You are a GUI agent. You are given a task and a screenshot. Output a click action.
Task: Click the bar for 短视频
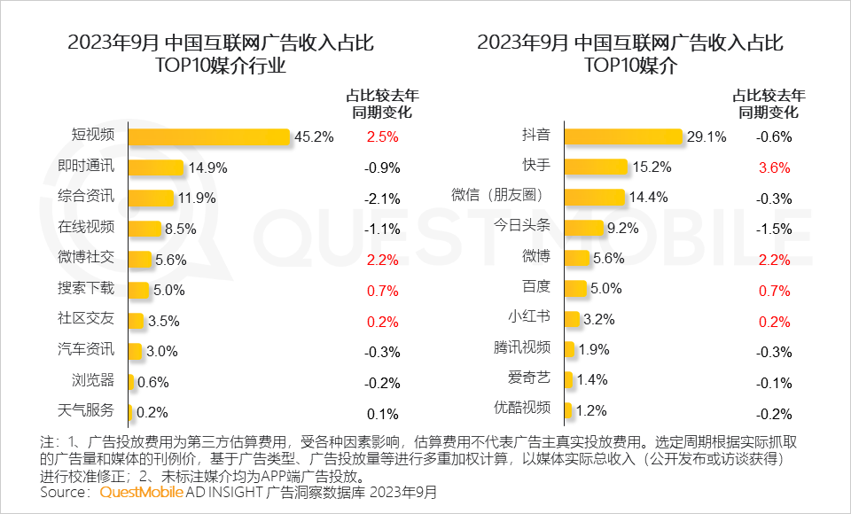(209, 136)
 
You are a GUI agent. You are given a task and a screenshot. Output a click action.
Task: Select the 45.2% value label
(314, 137)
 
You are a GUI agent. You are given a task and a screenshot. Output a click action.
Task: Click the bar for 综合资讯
(151, 198)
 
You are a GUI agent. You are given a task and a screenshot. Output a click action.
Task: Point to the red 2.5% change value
(382, 137)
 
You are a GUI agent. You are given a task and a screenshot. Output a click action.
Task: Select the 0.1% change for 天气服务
(382, 412)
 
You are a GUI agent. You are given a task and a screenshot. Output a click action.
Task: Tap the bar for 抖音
(623, 136)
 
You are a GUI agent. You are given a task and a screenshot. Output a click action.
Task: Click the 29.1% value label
(706, 137)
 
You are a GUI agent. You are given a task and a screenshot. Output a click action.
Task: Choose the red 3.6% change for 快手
(773, 167)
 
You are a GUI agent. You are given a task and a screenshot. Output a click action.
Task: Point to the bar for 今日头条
(583, 228)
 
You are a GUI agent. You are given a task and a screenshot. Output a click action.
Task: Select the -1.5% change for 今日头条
(773, 229)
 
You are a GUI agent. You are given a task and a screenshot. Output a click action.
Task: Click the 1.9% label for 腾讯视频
(593, 349)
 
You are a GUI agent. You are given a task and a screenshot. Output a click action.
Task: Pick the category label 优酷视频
(522, 408)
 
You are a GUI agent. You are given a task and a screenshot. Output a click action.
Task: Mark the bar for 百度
(575, 288)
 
